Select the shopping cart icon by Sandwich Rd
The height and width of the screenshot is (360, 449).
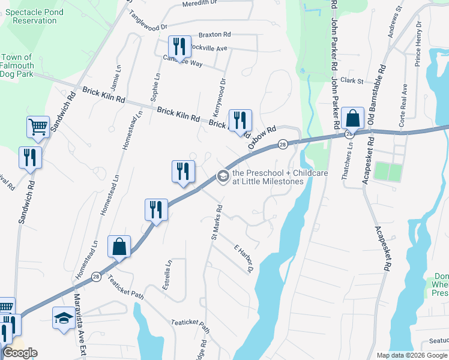(x=38, y=127)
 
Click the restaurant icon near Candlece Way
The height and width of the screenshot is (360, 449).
(x=179, y=47)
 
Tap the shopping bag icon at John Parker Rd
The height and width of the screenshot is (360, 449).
(x=353, y=118)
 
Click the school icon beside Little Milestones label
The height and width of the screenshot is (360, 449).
(x=222, y=176)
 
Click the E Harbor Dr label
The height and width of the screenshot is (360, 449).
(x=244, y=259)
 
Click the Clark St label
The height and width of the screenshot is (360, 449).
(x=352, y=80)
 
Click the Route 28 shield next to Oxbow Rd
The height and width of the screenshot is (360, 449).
(x=282, y=144)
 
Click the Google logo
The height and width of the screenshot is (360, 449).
(x=20, y=353)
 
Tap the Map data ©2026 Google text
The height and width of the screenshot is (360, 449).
(x=411, y=355)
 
